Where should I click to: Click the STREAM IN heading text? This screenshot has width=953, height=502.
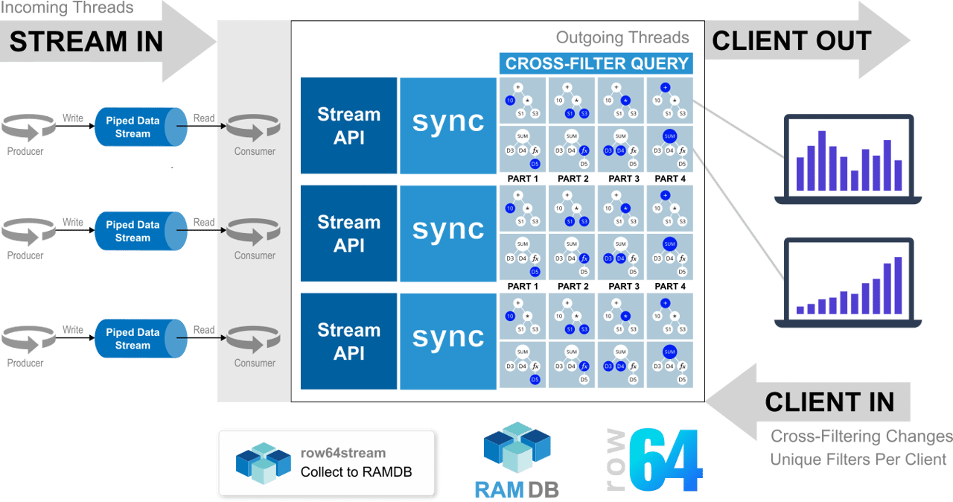click(x=86, y=42)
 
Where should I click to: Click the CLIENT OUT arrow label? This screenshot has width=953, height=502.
click(x=791, y=41)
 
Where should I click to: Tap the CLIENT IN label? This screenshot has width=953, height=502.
click(x=829, y=402)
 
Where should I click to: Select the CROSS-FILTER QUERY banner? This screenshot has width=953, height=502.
click(x=596, y=63)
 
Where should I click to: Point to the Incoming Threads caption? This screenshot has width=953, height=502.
click(x=67, y=8)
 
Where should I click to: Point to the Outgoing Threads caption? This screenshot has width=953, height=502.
click(x=622, y=37)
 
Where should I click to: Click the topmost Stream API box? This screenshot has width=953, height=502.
click(x=348, y=126)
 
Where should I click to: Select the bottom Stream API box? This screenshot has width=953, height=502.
click(x=348, y=341)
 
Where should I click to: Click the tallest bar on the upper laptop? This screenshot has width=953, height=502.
click(x=822, y=161)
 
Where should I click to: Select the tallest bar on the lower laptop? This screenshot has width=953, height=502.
click(x=899, y=285)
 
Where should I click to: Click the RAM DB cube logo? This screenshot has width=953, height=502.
click(x=517, y=449)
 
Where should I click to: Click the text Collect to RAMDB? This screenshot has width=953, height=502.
click(x=356, y=471)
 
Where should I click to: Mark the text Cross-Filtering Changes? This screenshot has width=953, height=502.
click(x=861, y=436)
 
